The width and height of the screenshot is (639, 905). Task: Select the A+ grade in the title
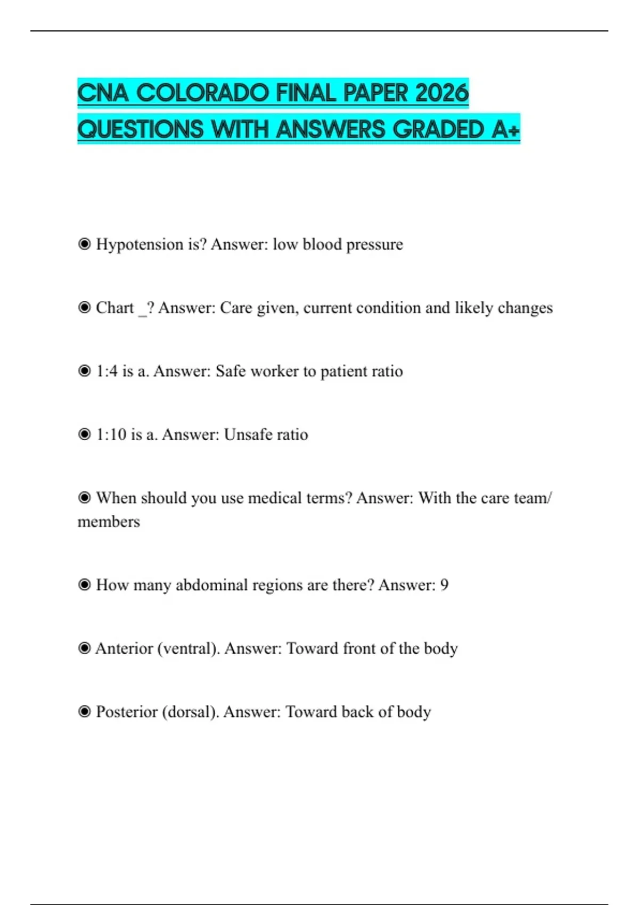[505, 129]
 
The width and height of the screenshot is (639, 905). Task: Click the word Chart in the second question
[114, 308]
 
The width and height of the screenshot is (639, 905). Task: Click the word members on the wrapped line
[109, 521]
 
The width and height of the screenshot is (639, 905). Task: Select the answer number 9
[444, 585]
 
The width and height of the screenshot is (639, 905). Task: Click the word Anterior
[124, 648]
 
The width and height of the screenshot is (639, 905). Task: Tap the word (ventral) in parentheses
[189, 648]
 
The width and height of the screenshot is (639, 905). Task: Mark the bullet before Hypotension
[84, 244]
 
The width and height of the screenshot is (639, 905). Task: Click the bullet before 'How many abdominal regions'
[84, 585]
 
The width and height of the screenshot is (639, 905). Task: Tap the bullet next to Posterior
[84, 712]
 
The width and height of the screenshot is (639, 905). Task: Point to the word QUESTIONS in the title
[140, 129]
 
